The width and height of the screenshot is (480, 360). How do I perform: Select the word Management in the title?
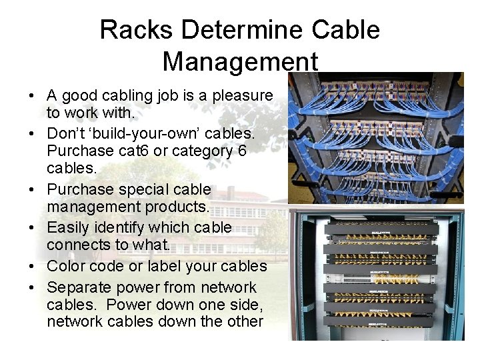240,62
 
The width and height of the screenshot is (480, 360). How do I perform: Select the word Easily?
67,228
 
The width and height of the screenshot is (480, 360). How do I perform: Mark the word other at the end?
245,321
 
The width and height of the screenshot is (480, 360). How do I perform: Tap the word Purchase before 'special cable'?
79,190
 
